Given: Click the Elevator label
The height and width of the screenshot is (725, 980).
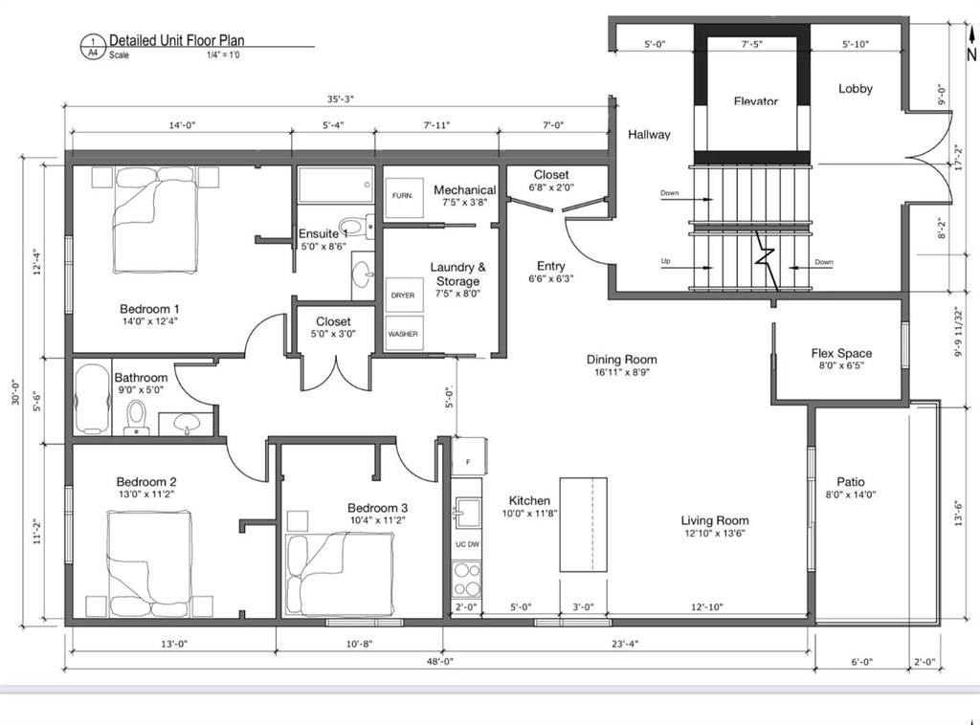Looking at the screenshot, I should [x=756, y=101].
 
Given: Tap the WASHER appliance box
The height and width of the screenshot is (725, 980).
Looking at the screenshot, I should [x=403, y=335].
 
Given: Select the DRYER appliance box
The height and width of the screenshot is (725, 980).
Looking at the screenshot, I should [x=403, y=296].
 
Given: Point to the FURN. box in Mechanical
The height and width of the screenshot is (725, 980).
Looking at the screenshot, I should [x=403, y=195].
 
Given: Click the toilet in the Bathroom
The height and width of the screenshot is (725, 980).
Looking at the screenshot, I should [x=136, y=417].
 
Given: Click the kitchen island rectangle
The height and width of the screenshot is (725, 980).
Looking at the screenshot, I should [x=584, y=525].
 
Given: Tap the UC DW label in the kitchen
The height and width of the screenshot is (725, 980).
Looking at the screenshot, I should [x=467, y=544].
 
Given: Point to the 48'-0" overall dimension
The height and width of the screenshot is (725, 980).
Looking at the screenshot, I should [x=439, y=661].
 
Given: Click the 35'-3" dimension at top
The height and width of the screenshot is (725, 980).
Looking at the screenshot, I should [x=339, y=99].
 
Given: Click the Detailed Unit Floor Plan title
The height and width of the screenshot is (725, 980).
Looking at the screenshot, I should [x=176, y=41].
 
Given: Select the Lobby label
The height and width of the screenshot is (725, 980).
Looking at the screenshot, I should [x=856, y=89].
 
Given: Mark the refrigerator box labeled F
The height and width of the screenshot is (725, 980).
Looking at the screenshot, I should [x=468, y=461].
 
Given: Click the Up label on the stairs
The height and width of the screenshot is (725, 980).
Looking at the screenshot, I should [x=665, y=261].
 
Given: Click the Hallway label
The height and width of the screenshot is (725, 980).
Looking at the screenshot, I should [x=649, y=135].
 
